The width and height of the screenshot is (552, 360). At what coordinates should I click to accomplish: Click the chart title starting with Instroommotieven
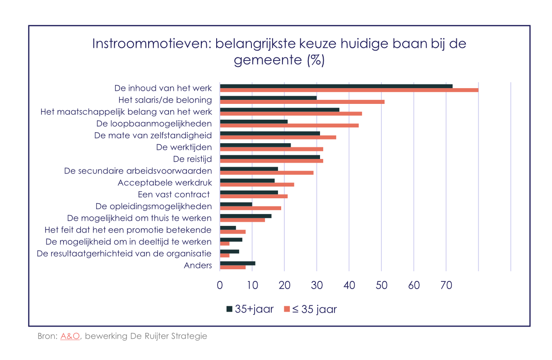point(279,52)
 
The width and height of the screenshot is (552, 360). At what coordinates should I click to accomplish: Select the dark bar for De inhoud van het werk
point(336,86)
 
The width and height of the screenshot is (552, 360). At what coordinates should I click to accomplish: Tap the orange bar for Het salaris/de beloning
point(302,102)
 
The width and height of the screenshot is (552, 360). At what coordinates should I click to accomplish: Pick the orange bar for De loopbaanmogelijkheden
point(289,125)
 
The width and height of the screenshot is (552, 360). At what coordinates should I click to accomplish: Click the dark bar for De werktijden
point(255,145)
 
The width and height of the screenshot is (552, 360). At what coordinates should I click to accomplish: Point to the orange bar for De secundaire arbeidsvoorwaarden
point(266,173)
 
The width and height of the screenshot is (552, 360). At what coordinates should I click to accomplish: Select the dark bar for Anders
point(237,263)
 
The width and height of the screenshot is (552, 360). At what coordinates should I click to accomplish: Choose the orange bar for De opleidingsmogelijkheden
point(250,208)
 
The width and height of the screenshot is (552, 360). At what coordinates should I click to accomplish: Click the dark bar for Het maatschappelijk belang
point(279,109)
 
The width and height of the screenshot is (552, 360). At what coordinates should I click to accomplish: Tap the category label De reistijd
point(192,159)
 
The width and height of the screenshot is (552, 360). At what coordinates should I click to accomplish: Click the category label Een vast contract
point(174,195)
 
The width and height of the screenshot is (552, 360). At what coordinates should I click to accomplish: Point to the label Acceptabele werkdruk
point(164,183)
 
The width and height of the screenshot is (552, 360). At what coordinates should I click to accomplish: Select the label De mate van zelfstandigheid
point(153,136)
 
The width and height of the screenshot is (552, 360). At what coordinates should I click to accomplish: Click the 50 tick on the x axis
point(381,285)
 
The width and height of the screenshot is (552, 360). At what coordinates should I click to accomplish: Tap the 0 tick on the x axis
point(220,285)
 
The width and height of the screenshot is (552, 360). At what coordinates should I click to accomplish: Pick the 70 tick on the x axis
point(446,285)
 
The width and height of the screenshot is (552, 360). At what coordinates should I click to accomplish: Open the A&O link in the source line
point(70,337)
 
